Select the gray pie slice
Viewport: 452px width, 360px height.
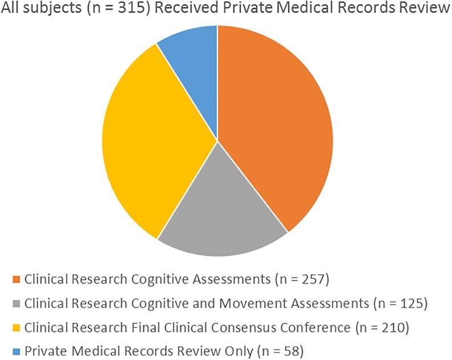(220, 205)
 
